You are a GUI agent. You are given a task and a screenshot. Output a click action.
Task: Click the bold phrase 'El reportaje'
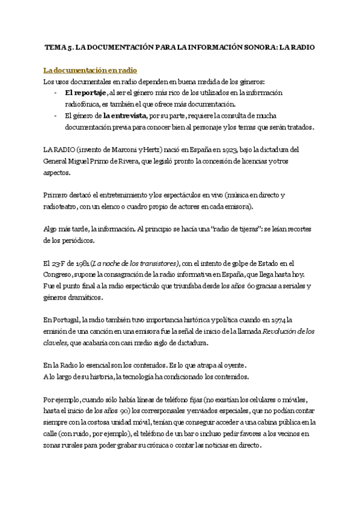[85, 93]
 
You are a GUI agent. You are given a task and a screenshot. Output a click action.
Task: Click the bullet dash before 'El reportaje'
[55, 93]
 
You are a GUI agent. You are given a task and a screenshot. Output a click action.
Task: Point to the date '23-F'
[58, 263]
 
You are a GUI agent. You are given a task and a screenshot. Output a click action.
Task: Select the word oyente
[232, 365]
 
